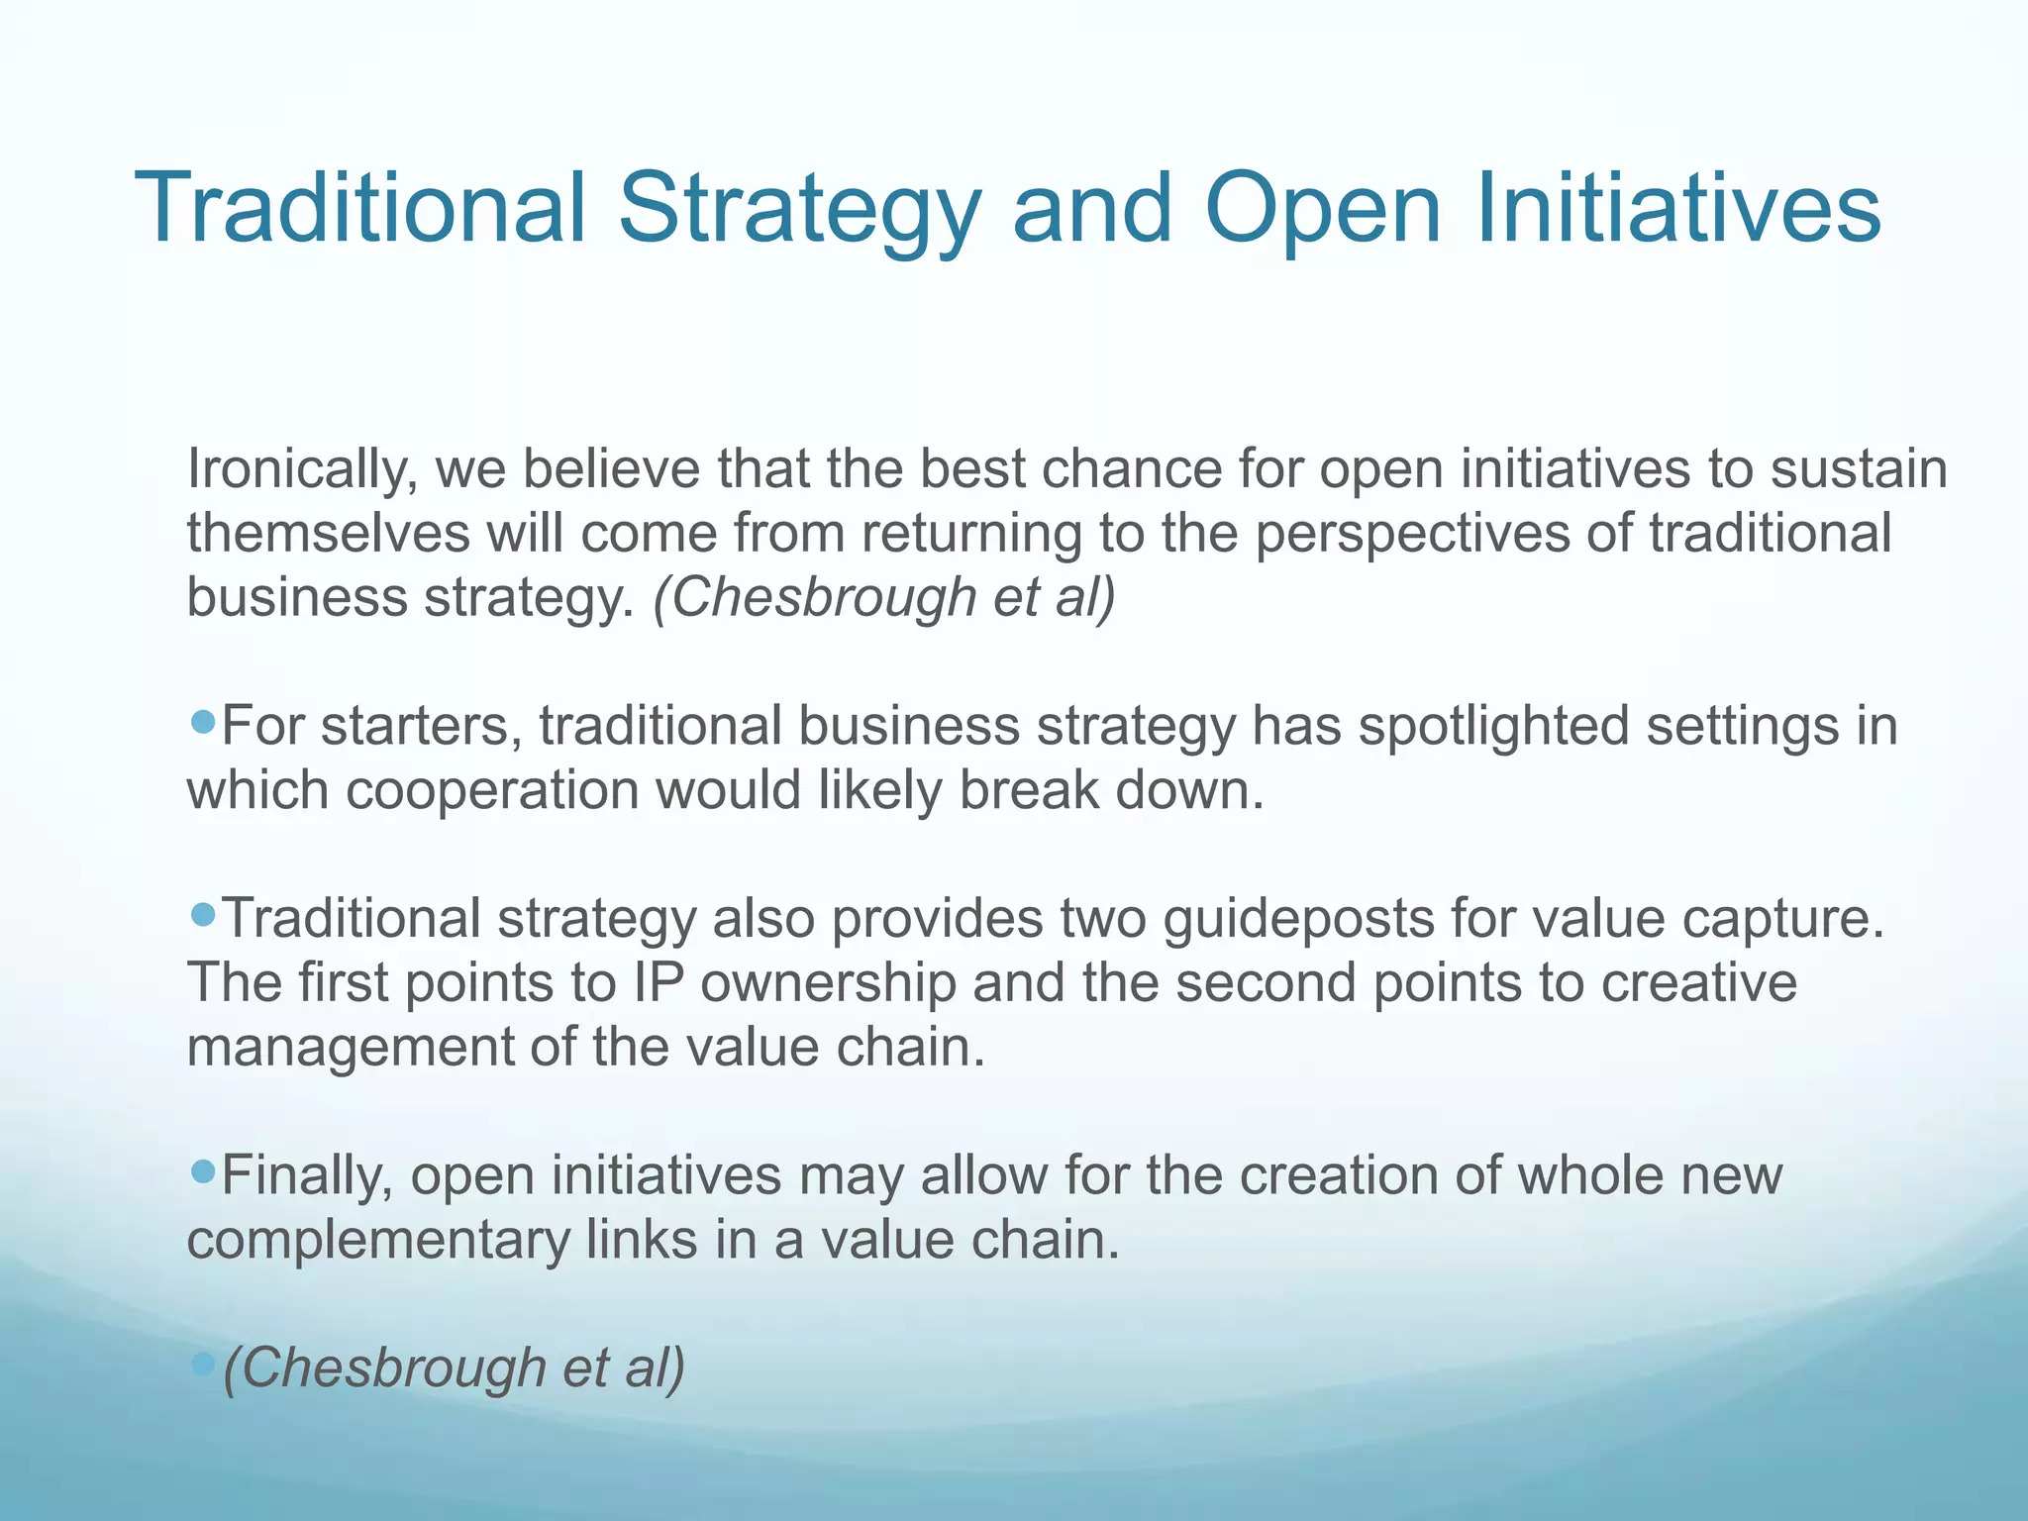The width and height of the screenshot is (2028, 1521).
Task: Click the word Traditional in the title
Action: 360,209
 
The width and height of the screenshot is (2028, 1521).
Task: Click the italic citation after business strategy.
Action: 883,597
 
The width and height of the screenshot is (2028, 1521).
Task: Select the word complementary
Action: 377,1240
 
